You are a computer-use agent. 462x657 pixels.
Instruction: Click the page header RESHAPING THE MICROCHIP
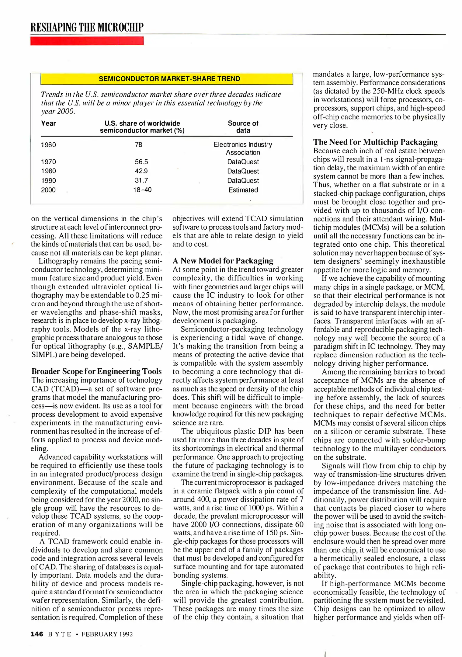click(x=87, y=27)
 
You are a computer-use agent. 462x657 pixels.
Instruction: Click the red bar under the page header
click(x=87, y=41)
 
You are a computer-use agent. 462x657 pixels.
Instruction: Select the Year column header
click(x=49, y=123)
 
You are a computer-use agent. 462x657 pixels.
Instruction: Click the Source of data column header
click(x=243, y=127)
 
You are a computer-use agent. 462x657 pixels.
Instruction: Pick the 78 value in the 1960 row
click(x=139, y=145)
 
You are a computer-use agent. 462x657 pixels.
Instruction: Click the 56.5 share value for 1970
click(x=141, y=162)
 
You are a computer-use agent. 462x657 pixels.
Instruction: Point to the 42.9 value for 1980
click(x=141, y=171)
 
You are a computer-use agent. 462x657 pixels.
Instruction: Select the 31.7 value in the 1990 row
click(x=141, y=180)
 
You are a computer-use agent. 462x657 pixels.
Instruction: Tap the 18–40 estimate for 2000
click(x=142, y=190)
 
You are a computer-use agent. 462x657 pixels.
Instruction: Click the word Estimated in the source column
click(x=243, y=190)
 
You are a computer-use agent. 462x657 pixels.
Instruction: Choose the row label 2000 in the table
click(x=48, y=190)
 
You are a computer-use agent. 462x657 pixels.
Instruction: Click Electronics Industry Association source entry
click(x=243, y=148)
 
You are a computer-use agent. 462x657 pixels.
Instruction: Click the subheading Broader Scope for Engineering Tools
click(x=97, y=371)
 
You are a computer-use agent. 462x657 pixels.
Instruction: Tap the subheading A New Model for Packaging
click(x=223, y=261)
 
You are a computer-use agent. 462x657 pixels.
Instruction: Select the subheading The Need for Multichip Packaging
click(x=375, y=142)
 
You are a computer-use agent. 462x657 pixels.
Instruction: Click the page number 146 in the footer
click(x=37, y=634)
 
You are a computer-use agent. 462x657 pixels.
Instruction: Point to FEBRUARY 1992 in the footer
click(x=107, y=634)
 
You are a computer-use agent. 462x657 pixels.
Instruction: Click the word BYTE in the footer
click(x=60, y=634)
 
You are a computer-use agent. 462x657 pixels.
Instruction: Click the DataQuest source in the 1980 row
click(x=243, y=171)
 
